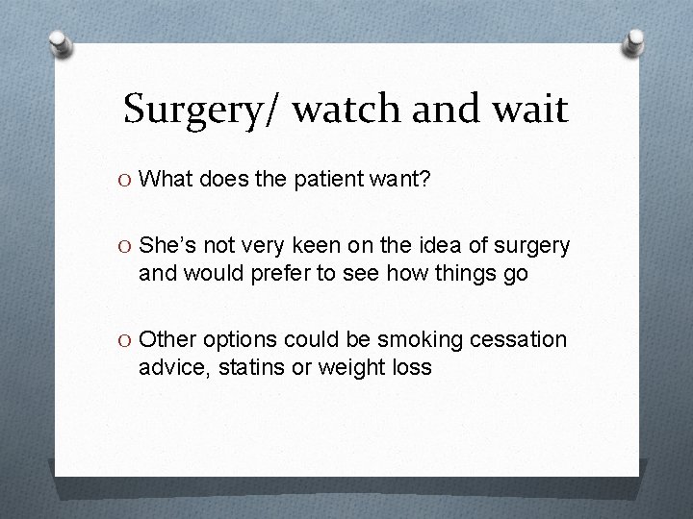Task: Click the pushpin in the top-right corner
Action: [634, 42]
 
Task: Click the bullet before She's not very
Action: [124, 247]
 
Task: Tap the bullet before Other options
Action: [124, 341]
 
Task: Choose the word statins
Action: [249, 367]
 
